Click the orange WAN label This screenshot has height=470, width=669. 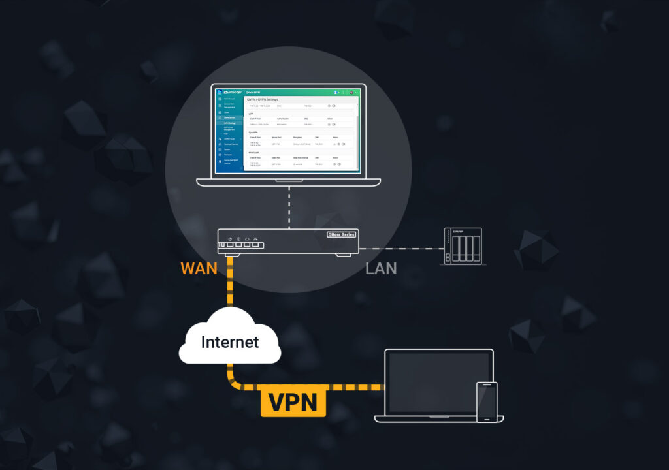[x=198, y=268]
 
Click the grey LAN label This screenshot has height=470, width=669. [x=381, y=268]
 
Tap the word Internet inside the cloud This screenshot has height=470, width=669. [x=229, y=341]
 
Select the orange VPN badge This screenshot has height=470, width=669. [x=293, y=401]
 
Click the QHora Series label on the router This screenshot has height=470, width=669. [x=341, y=234]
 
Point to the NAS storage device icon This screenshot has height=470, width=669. [x=463, y=246]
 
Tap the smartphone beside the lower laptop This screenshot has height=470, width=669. [x=487, y=401]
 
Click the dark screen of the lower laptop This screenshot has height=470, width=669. [x=439, y=382]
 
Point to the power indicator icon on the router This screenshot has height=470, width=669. [x=229, y=239]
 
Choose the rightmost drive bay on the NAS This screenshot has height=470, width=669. [x=475, y=249]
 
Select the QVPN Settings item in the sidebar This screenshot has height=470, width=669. [x=230, y=123]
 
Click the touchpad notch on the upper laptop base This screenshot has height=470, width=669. [x=288, y=180]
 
